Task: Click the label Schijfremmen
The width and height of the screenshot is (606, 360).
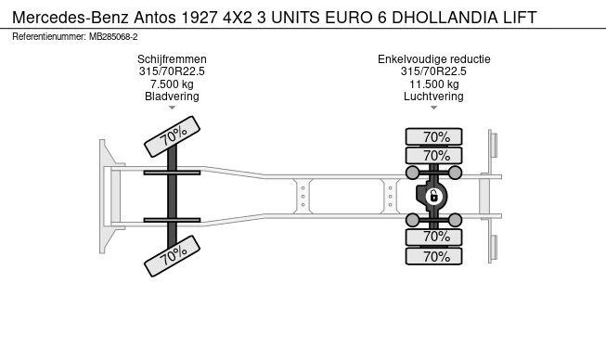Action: pyautogui.click(x=172, y=59)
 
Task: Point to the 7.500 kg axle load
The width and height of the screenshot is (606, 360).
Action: pyautogui.click(x=172, y=84)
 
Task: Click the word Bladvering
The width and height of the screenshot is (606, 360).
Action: pyautogui.click(x=172, y=96)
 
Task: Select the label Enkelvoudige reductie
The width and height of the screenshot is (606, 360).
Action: pyautogui.click(x=433, y=59)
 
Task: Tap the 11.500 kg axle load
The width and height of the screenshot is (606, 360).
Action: pyautogui.click(x=433, y=84)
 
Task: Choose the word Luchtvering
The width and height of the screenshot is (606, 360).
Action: pyautogui.click(x=433, y=96)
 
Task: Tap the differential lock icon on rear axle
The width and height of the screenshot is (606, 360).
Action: pyautogui.click(x=432, y=196)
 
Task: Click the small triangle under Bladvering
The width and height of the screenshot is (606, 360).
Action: pyautogui.click(x=172, y=108)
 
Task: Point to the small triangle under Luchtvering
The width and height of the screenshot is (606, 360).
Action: pyautogui.click(x=433, y=108)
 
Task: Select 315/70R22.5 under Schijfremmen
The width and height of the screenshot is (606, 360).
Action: pyautogui.click(x=172, y=71)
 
